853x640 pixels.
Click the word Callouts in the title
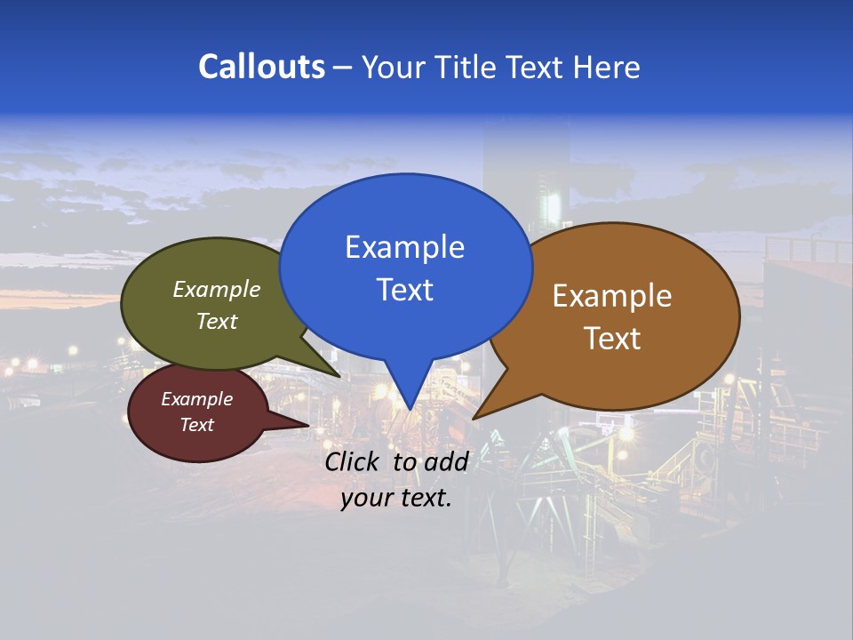click(261, 67)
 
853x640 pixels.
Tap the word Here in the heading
click(606, 67)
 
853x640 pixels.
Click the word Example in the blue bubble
click(405, 247)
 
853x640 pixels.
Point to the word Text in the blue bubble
click(405, 290)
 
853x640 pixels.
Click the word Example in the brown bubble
click(612, 296)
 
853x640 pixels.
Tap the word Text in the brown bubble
click(612, 339)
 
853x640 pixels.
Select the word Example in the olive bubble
click(217, 290)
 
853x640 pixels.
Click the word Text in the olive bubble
click(217, 322)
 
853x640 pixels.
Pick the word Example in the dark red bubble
click(197, 399)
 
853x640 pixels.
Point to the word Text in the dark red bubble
click(197, 425)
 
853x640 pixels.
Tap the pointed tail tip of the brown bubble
click(474, 417)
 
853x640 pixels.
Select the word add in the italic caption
click(446, 461)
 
